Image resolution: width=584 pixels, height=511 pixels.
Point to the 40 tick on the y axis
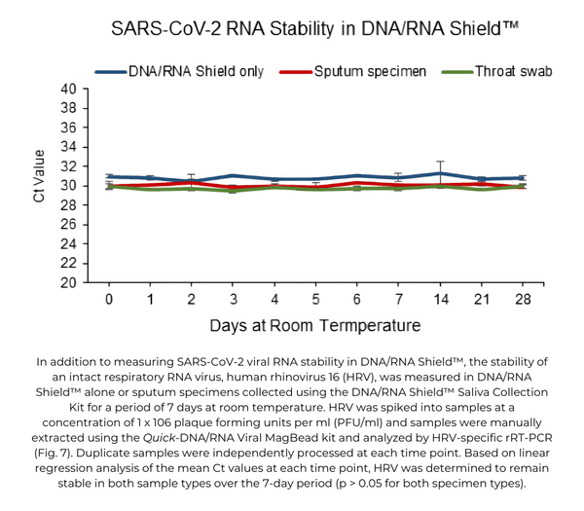67,89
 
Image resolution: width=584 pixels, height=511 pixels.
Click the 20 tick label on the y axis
67,283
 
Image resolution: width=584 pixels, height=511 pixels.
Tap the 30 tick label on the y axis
67,186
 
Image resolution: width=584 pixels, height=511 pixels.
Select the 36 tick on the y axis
67,128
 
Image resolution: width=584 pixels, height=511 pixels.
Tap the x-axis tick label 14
441,299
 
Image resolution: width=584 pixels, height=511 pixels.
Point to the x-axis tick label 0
109,299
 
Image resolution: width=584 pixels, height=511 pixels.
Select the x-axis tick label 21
482,299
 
